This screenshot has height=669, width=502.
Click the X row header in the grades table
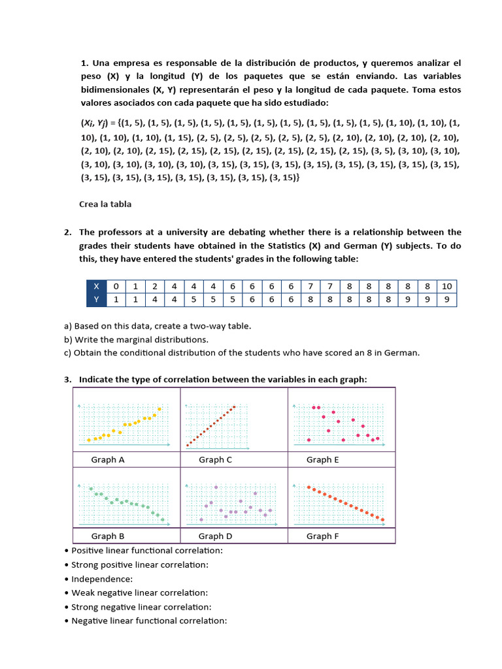coord(97,286)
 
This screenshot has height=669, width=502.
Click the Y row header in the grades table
coord(97,300)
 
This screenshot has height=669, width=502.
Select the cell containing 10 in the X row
coord(447,286)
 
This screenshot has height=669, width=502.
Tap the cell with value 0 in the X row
coord(116,286)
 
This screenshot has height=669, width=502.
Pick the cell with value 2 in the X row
coord(155,286)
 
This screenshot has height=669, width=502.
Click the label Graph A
coord(108,459)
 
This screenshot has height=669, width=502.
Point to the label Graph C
coord(215,459)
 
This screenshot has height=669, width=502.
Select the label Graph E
coord(323,459)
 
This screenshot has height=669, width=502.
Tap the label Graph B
coord(108,536)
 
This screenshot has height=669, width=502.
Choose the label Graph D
coord(216,536)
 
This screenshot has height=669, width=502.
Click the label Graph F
coord(323,536)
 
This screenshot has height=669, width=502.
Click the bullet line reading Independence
coord(101,579)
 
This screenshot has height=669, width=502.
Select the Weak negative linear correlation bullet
coord(139,593)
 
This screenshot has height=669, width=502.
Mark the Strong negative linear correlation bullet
coord(142,607)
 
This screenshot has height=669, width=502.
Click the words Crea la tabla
coord(105,204)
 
